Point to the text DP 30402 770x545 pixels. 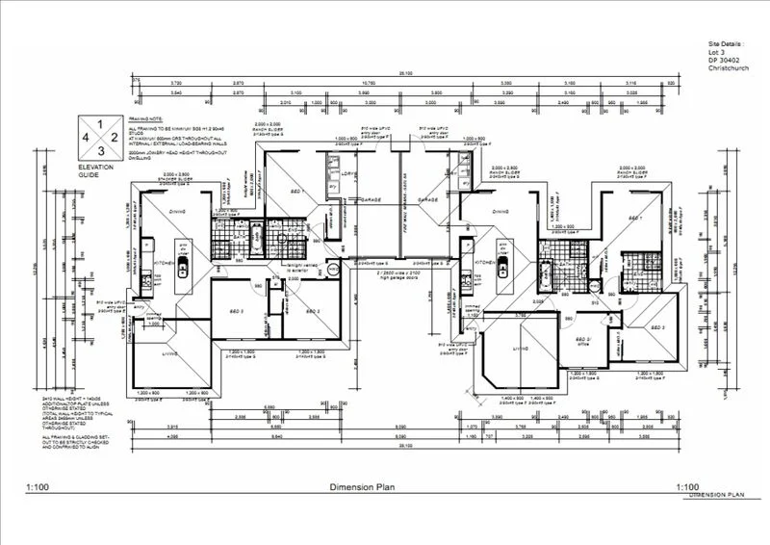(722, 62)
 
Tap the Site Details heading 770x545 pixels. (727, 45)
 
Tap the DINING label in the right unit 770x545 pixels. (500, 212)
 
